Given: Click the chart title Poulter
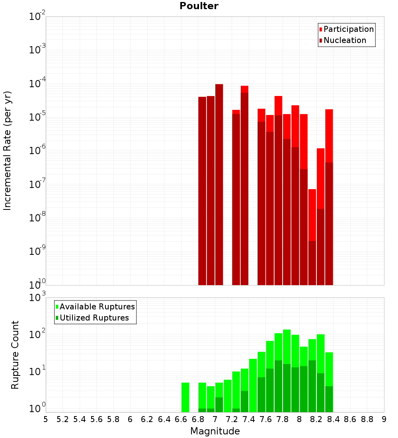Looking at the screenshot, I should [x=199, y=6].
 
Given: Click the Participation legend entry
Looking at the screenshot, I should [x=349, y=29].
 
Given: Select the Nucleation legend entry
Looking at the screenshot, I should [x=345, y=40].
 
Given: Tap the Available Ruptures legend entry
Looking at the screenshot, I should [x=97, y=307].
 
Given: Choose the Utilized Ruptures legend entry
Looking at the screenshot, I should [x=94, y=318].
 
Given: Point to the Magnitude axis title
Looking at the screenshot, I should [x=215, y=431].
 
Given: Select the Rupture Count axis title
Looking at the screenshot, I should [x=15, y=355].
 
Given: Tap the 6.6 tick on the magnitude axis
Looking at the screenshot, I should [x=181, y=419].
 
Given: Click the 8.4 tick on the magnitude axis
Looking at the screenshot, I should [x=333, y=419].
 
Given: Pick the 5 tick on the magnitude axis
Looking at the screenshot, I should [x=46, y=419].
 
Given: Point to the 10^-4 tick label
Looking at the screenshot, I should [x=37, y=84].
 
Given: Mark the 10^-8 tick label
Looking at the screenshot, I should [x=37, y=218].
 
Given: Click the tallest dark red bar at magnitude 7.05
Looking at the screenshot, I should [x=219, y=183].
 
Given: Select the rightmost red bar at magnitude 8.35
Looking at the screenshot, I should [x=329, y=135].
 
